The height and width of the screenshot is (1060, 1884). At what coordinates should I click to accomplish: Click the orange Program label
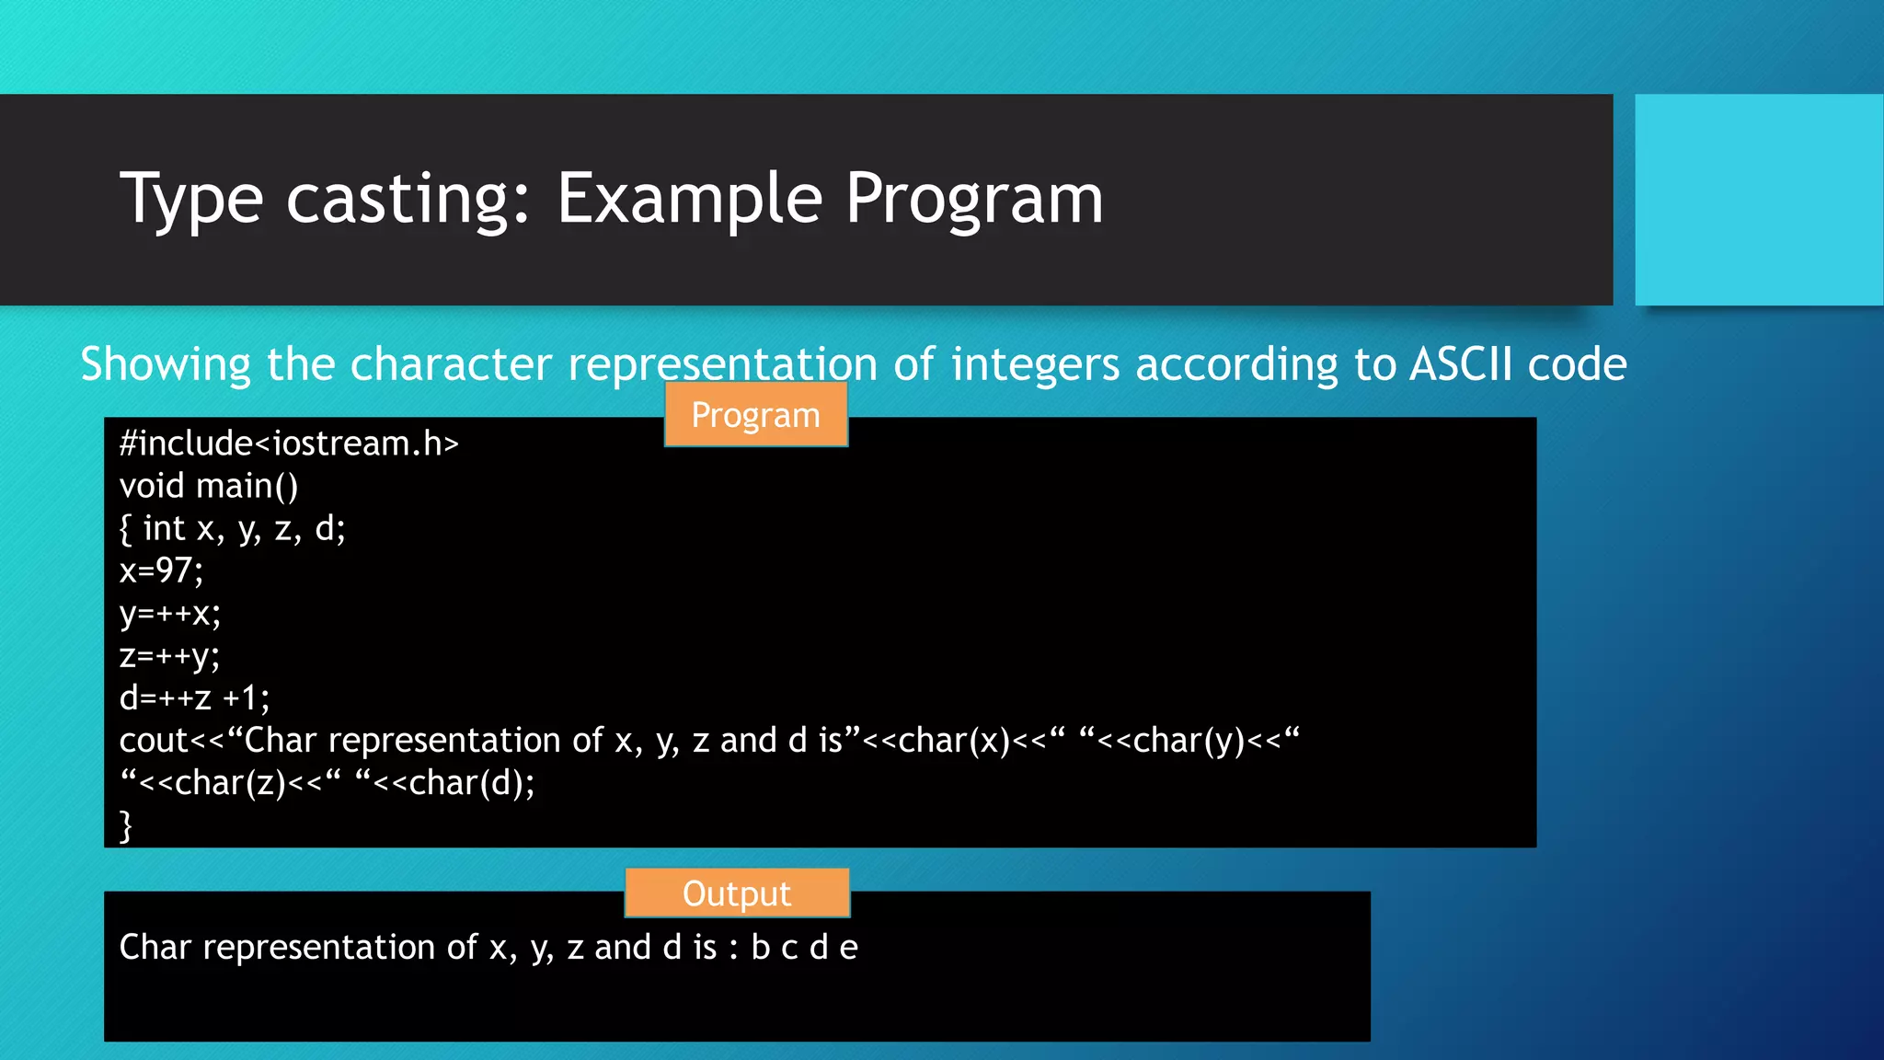tap(755, 415)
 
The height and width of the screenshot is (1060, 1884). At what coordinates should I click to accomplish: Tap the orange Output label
tap(737, 893)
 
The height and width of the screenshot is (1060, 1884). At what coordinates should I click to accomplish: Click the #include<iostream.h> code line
tap(289, 444)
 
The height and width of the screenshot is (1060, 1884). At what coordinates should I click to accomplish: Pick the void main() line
tap(209, 486)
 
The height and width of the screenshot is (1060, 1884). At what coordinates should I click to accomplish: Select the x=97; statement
tap(161, 570)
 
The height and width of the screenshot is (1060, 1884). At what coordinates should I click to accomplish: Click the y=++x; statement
tap(170, 613)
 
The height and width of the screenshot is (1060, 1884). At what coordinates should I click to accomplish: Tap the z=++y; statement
tap(169, 656)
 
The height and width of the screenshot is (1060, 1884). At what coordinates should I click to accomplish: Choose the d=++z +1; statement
tap(195, 698)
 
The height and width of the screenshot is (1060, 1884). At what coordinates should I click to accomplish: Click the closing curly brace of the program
tap(126, 824)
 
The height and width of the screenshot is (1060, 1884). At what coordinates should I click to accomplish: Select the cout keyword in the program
tap(152, 741)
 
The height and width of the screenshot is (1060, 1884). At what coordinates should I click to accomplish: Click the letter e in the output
tap(848, 948)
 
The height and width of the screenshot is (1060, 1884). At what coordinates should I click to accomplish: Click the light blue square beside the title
tap(1759, 200)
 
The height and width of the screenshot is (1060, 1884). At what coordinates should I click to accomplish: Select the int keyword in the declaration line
tap(165, 528)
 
